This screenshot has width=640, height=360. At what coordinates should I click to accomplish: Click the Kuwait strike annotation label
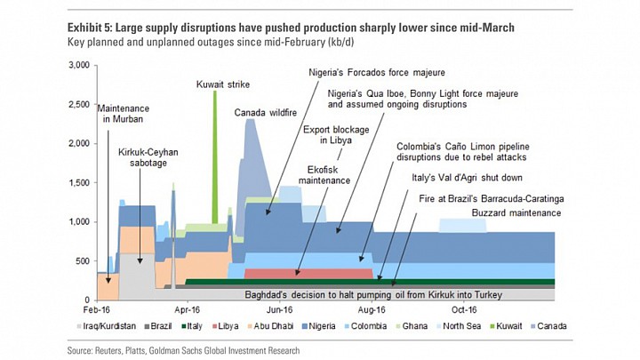(223, 84)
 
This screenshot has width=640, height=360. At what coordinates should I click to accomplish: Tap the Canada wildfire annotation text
(265, 113)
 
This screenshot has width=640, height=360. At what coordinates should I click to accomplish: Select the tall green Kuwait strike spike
(215, 157)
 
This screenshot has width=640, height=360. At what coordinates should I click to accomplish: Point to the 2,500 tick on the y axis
(77, 105)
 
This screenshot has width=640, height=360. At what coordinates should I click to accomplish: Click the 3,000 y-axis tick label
(77, 65)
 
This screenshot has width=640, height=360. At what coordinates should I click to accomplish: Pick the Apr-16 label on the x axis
(188, 310)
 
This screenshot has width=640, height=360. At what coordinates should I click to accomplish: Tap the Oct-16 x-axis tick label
(464, 310)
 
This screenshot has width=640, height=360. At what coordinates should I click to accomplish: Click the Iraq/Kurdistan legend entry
(106, 326)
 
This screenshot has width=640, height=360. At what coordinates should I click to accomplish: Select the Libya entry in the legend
(225, 326)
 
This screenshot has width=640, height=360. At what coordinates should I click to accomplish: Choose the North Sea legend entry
(459, 326)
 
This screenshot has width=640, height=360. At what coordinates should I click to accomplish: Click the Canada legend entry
(548, 326)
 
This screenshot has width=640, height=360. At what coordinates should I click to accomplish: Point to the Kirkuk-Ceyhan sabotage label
(148, 157)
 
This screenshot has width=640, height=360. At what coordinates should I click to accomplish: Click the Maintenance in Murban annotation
(123, 114)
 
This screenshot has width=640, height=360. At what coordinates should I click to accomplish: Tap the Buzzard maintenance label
(516, 213)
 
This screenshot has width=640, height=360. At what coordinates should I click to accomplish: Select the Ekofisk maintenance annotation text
(324, 175)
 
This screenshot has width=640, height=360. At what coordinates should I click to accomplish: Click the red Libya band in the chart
(308, 274)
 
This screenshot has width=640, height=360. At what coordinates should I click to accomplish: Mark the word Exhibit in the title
(85, 28)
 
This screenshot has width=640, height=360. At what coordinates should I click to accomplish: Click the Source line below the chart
(183, 350)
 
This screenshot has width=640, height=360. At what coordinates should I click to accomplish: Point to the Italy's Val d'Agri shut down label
(467, 178)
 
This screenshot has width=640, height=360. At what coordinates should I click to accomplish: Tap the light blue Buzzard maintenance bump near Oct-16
(463, 226)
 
